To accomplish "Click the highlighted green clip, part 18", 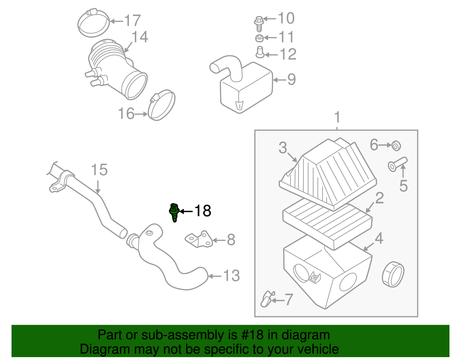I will tap(174, 212).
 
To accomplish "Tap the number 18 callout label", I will tap(203, 211).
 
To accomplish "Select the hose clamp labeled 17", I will tap(94, 23).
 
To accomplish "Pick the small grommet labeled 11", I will tap(259, 38).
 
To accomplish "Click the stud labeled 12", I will tap(260, 52).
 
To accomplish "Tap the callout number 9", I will tap(292, 79).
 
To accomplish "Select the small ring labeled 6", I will tap(396, 146).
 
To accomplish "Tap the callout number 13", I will tap(231, 276).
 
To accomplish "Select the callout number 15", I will tap(99, 170).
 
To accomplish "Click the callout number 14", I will tap(140, 37).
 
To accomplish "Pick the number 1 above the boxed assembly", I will tap(337, 118).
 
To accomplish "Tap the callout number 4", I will tap(379, 238).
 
